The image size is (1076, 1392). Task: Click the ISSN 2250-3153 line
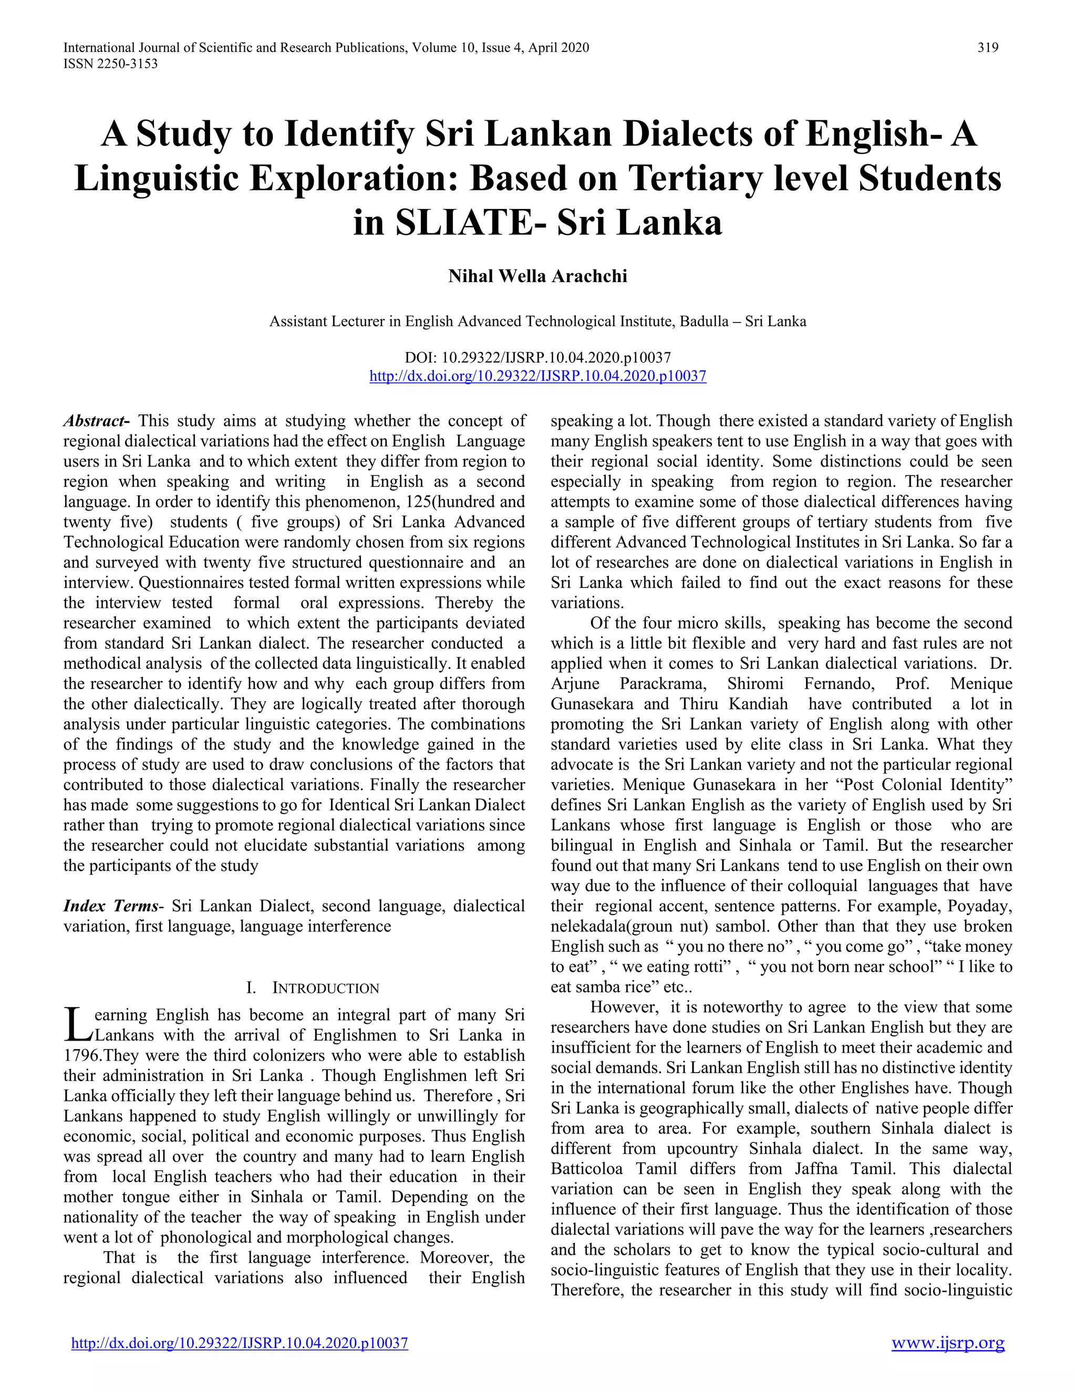(110, 64)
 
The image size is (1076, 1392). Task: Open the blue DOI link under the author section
(537, 376)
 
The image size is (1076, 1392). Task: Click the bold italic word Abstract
(96, 421)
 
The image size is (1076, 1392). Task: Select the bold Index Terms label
(111, 906)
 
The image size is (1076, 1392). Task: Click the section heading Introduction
(325, 989)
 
